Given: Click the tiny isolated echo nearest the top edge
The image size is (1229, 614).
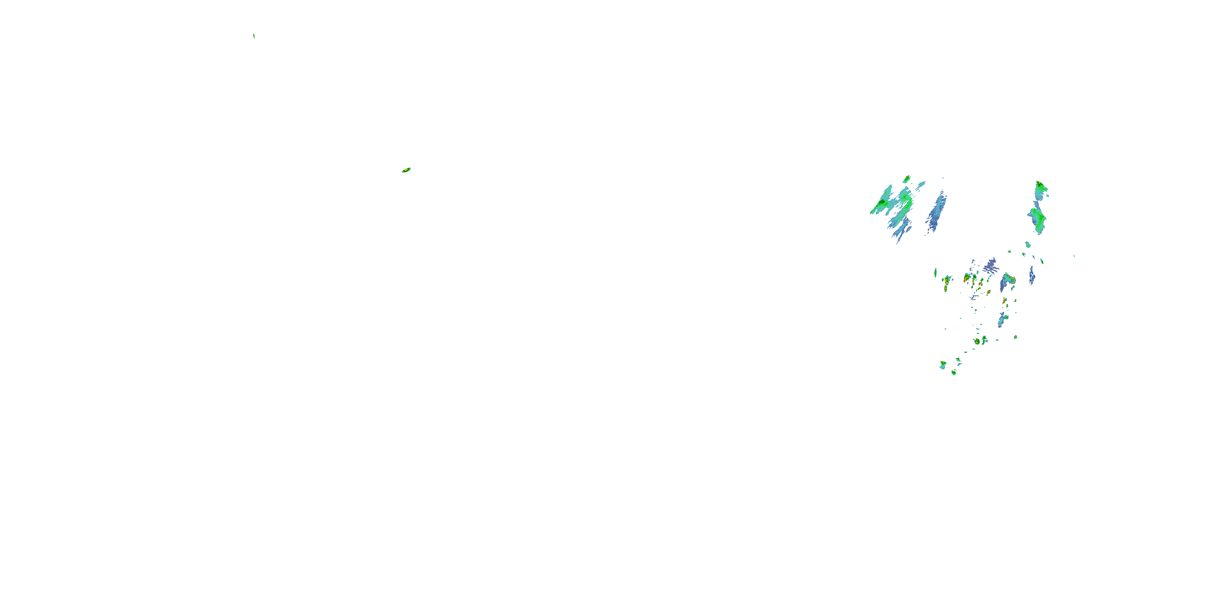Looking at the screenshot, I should (x=254, y=36).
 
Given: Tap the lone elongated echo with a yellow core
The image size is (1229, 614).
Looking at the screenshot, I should (x=406, y=170).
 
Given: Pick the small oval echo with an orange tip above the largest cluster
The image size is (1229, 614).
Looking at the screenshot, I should (x=907, y=179).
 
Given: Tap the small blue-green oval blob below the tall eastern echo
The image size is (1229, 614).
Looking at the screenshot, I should (x=1028, y=244).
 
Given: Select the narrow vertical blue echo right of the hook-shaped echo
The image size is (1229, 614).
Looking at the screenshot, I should (x=1032, y=275).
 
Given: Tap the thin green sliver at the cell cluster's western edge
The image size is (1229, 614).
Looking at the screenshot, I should (x=935, y=273).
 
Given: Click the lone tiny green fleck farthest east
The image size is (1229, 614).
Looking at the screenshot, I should (x=1074, y=256).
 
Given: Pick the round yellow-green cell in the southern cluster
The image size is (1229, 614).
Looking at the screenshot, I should (x=977, y=342).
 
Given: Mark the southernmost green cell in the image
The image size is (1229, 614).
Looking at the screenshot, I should (x=954, y=373).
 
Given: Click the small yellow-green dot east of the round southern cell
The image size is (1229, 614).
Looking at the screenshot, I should (x=1015, y=337).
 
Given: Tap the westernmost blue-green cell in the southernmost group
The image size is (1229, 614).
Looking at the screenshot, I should (x=943, y=365).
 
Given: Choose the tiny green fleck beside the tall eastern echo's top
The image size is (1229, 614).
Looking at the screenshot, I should (x=1048, y=196).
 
